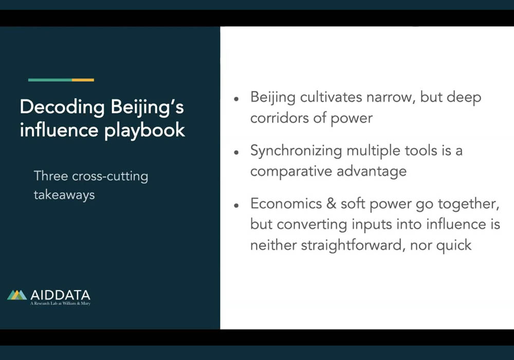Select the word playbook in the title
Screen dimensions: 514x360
click(144, 130)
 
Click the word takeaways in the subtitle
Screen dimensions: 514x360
click(64, 195)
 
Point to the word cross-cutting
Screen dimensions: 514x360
click(110, 176)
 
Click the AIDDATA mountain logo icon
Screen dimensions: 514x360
click(17, 295)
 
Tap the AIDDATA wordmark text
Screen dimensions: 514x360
click(60, 295)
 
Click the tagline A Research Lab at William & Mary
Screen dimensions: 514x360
click(60, 303)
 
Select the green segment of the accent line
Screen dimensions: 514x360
click(50, 80)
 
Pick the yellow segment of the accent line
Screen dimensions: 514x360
click(83, 80)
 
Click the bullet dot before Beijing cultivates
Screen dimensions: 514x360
click(236, 99)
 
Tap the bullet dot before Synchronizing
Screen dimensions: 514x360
click(236, 152)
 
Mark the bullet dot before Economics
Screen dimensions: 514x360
click(236, 206)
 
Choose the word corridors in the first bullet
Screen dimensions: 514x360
click(279, 118)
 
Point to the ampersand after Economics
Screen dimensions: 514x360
click(331, 204)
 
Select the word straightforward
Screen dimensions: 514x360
click(352, 245)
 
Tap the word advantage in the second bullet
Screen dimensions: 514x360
click(372, 171)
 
